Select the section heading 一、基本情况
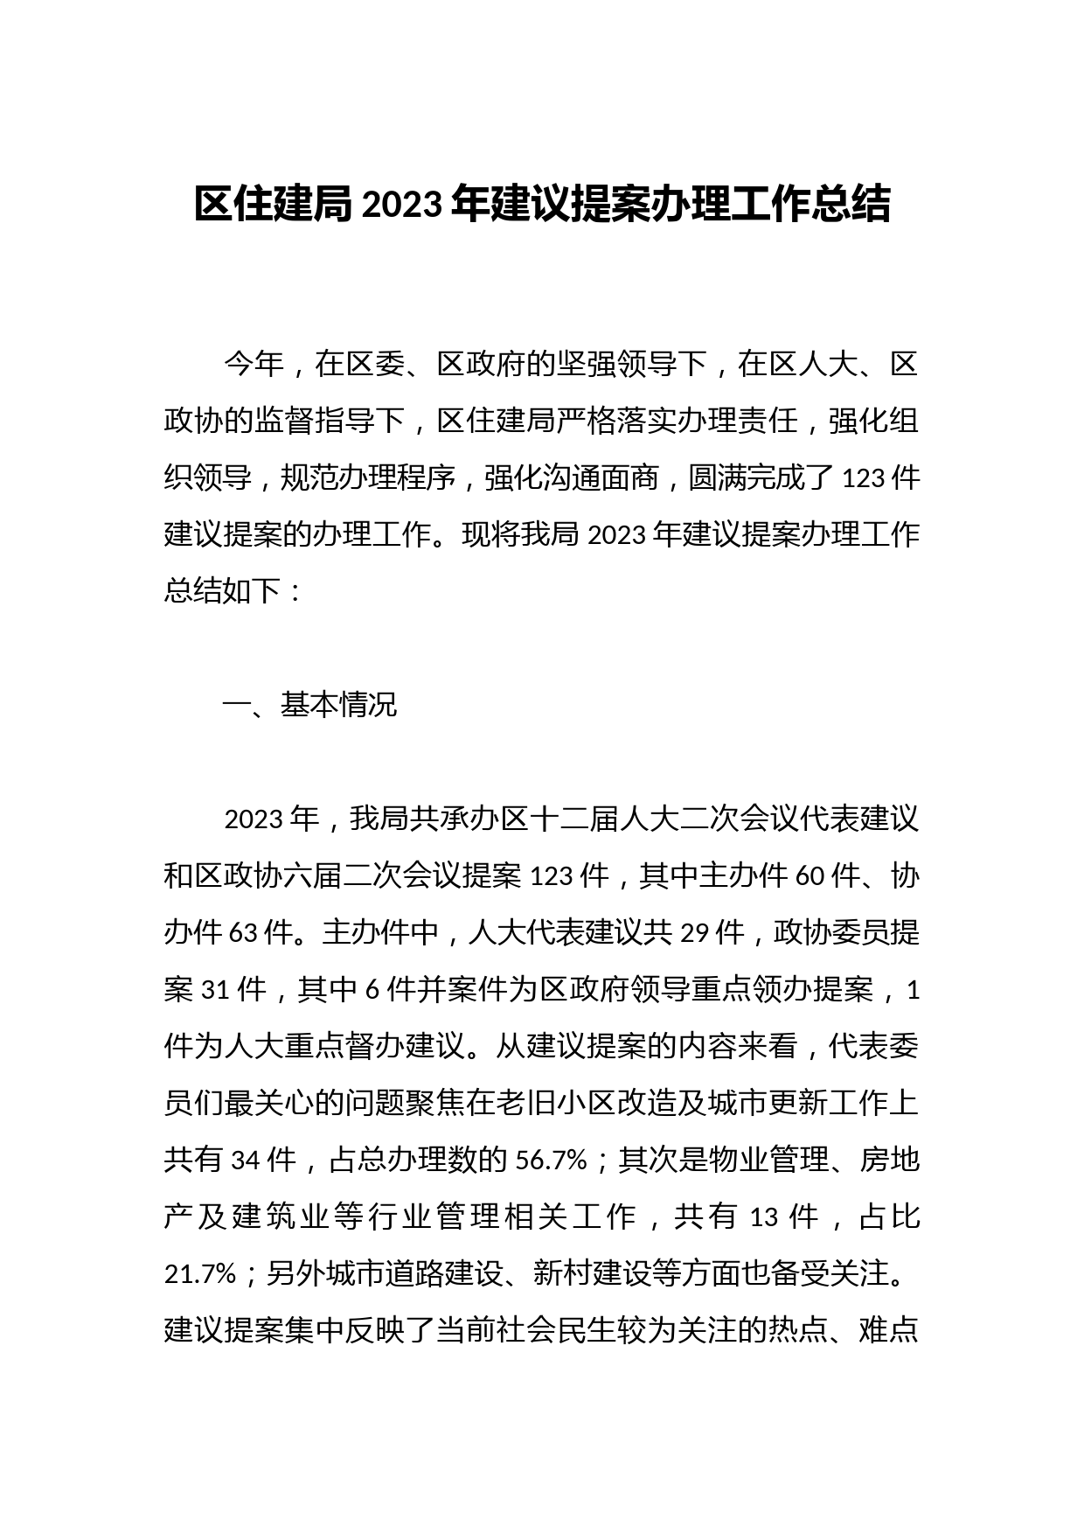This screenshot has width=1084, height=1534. pos(310,705)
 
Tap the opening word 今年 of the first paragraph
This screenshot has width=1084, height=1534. pos(254,365)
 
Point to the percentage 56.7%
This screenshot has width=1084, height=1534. pos(551,1161)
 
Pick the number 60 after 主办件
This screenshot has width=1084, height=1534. pos(810,876)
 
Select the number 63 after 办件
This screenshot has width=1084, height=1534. pos(244,933)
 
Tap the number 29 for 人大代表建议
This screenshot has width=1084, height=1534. pos(695,933)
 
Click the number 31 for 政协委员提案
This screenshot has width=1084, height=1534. pos(217,990)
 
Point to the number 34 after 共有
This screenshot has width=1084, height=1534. pos(246,1161)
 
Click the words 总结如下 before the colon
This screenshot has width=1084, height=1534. pos(223,592)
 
